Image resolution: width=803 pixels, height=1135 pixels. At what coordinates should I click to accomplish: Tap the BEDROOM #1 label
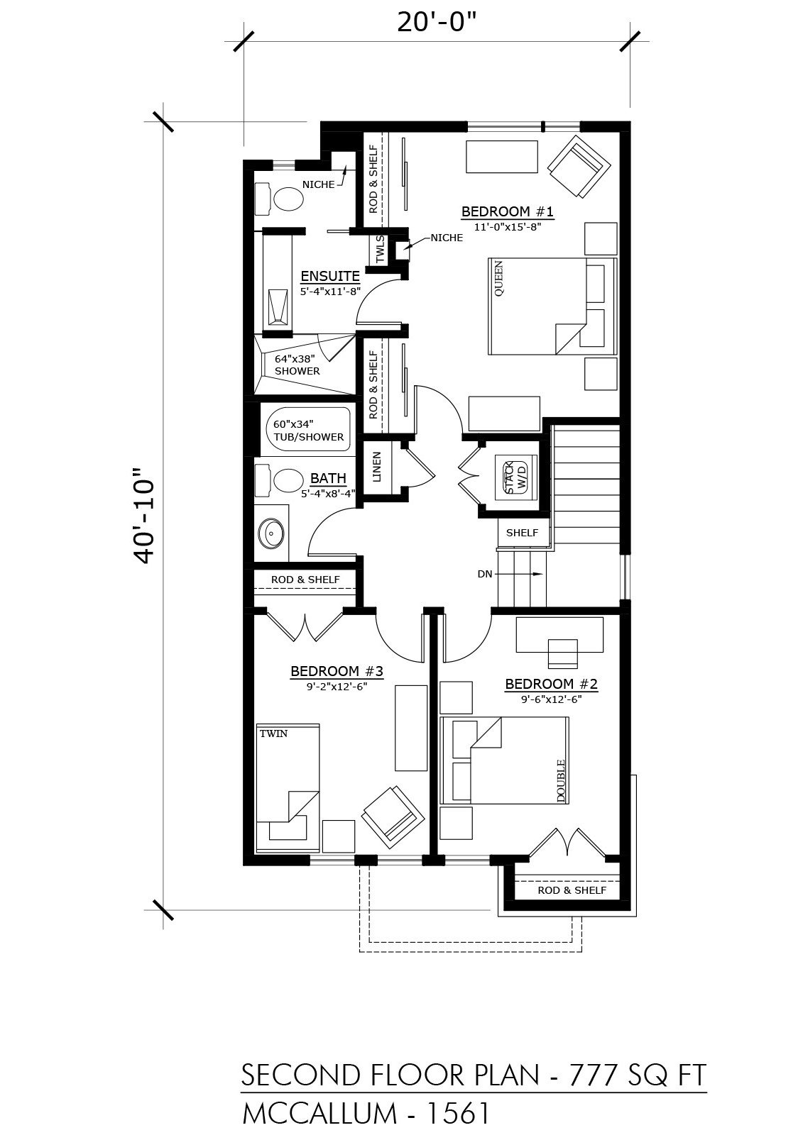pyautogui.click(x=507, y=211)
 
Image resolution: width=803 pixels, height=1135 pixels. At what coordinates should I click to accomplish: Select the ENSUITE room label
pyautogui.click(x=330, y=276)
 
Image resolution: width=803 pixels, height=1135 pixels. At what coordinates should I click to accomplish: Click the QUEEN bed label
pyautogui.click(x=498, y=279)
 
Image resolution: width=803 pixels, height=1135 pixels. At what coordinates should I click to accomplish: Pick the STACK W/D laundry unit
pyautogui.click(x=516, y=477)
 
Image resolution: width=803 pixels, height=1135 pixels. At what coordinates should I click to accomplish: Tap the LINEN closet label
pyautogui.click(x=376, y=467)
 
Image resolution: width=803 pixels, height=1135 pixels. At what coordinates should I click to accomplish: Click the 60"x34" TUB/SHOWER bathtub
pyautogui.click(x=307, y=431)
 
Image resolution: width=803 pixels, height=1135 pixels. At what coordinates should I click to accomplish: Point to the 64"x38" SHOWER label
pyautogui.click(x=297, y=365)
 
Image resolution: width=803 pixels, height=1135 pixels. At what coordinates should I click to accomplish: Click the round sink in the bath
pyautogui.click(x=271, y=533)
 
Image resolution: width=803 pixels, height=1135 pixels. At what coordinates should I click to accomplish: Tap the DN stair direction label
pyautogui.click(x=485, y=574)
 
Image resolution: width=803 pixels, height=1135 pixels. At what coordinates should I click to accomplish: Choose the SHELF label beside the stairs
pyautogui.click(x=522, y=533)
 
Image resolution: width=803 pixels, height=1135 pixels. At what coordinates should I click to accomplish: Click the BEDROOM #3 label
pyautogui.click(x=337, y=671)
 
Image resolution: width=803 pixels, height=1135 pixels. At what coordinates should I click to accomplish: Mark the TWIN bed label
pyautogui.click(x=273, y=733)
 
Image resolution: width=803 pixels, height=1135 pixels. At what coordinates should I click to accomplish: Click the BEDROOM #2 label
pyautogui.click(x=552, y=684)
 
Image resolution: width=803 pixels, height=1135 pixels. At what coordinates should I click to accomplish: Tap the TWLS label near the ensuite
pyautogui.click(x=381, y=249)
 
